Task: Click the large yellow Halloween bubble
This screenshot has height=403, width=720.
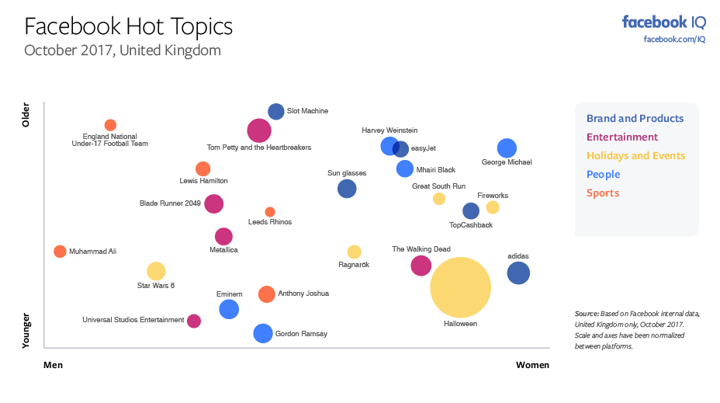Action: coord(461,287)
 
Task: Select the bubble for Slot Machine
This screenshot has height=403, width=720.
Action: coord(276,112)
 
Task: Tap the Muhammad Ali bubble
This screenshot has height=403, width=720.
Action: coord(60,252)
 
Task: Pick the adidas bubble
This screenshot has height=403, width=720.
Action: coord(518,273)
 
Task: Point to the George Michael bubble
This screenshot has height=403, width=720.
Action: coord(507,148)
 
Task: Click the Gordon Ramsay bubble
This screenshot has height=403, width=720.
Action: coord(264,333)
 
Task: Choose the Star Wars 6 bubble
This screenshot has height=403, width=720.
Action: coord(156,271)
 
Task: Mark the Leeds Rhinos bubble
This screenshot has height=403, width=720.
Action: coord(270,212)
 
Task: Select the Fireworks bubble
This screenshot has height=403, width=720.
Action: coord(493,207)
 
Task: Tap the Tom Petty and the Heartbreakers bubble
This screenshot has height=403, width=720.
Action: coord(259,130)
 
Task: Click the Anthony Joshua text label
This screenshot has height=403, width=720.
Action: coord(303,294)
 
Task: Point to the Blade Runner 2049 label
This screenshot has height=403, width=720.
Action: coord(170,203)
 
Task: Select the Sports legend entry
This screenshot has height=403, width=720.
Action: coord(603,193)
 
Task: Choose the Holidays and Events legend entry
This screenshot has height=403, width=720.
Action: coord(635,155)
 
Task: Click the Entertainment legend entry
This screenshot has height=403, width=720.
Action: coord(621,137)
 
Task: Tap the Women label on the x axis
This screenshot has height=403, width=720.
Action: coord(532,365)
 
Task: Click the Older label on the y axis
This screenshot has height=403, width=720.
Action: coord(26,114)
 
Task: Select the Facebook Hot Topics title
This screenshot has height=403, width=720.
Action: coord(128,26)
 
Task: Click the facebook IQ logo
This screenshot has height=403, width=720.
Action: coord(663,22)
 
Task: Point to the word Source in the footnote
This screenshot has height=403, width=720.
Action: coord(587,314)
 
